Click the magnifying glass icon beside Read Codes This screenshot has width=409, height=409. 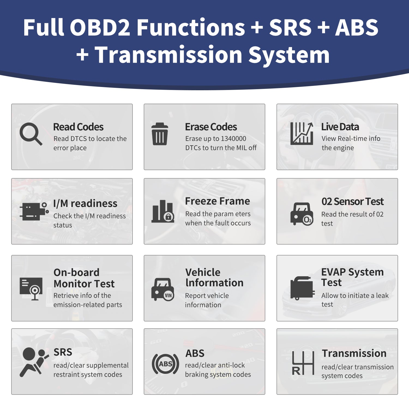[31, 134]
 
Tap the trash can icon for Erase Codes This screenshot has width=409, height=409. [160, 134]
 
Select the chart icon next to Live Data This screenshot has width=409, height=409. [302, 133]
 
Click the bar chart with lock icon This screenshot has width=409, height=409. [163, 211]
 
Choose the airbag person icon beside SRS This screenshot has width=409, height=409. [34, 362]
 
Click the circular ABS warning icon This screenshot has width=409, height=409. [166, 364]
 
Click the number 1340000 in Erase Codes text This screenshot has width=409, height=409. [233, 139]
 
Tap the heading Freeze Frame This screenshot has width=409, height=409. [218, 201]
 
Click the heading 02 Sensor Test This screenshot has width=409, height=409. [353, 202]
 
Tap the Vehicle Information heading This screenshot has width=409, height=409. [214, 277]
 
